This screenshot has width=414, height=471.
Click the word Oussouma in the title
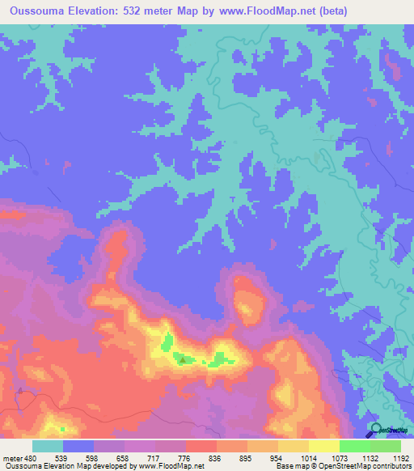pos(40,11)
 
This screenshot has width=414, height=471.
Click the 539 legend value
pos(61,458)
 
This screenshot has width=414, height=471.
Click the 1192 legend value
pos(401,458)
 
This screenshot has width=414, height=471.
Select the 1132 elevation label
pos(370,458)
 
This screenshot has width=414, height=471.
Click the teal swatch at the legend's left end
pos(47,446)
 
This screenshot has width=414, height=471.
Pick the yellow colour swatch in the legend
pos(323,446)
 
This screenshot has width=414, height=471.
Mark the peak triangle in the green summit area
pos(183,359)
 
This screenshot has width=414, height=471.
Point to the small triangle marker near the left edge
pos(18,390)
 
